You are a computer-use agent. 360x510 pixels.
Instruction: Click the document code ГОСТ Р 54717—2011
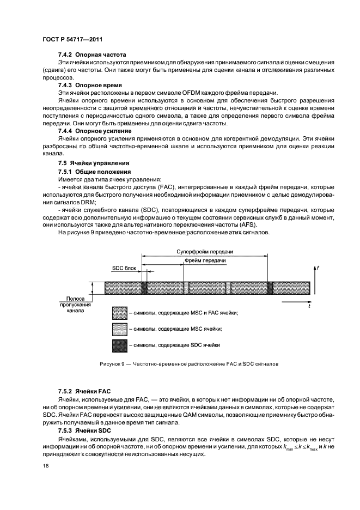[x=72, y=39]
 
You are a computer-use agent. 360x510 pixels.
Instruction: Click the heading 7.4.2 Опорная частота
[x=92, y=55]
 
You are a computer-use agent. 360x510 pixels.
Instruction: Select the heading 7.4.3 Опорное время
[x=90, y=86]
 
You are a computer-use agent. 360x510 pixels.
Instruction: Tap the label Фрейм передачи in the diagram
[x=205, y=262]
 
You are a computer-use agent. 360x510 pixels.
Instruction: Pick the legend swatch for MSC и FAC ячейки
[x=119, y=313]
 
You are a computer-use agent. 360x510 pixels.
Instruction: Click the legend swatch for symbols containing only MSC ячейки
[x=119, y=329]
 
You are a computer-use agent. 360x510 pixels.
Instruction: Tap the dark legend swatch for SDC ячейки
[x=119, y=345]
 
